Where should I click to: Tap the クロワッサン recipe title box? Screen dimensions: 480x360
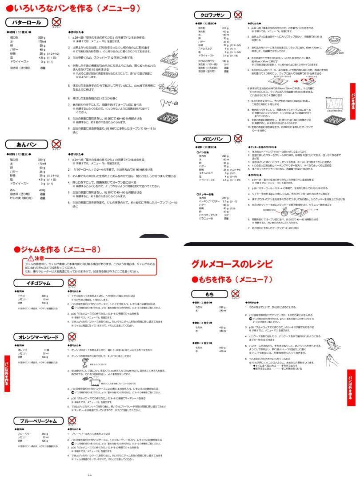point(212,15)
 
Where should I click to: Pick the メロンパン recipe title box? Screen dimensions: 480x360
point(213,139)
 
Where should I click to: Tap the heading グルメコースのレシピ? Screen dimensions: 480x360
point(232,263)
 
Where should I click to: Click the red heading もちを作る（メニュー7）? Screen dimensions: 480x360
point(236,280)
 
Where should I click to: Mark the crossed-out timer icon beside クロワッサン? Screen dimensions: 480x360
point(239,15)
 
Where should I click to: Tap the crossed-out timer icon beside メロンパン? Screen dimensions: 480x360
point(239,139)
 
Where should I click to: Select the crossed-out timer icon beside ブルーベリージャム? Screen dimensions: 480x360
point(72,420)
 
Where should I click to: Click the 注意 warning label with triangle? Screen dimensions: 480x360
point(36,258)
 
